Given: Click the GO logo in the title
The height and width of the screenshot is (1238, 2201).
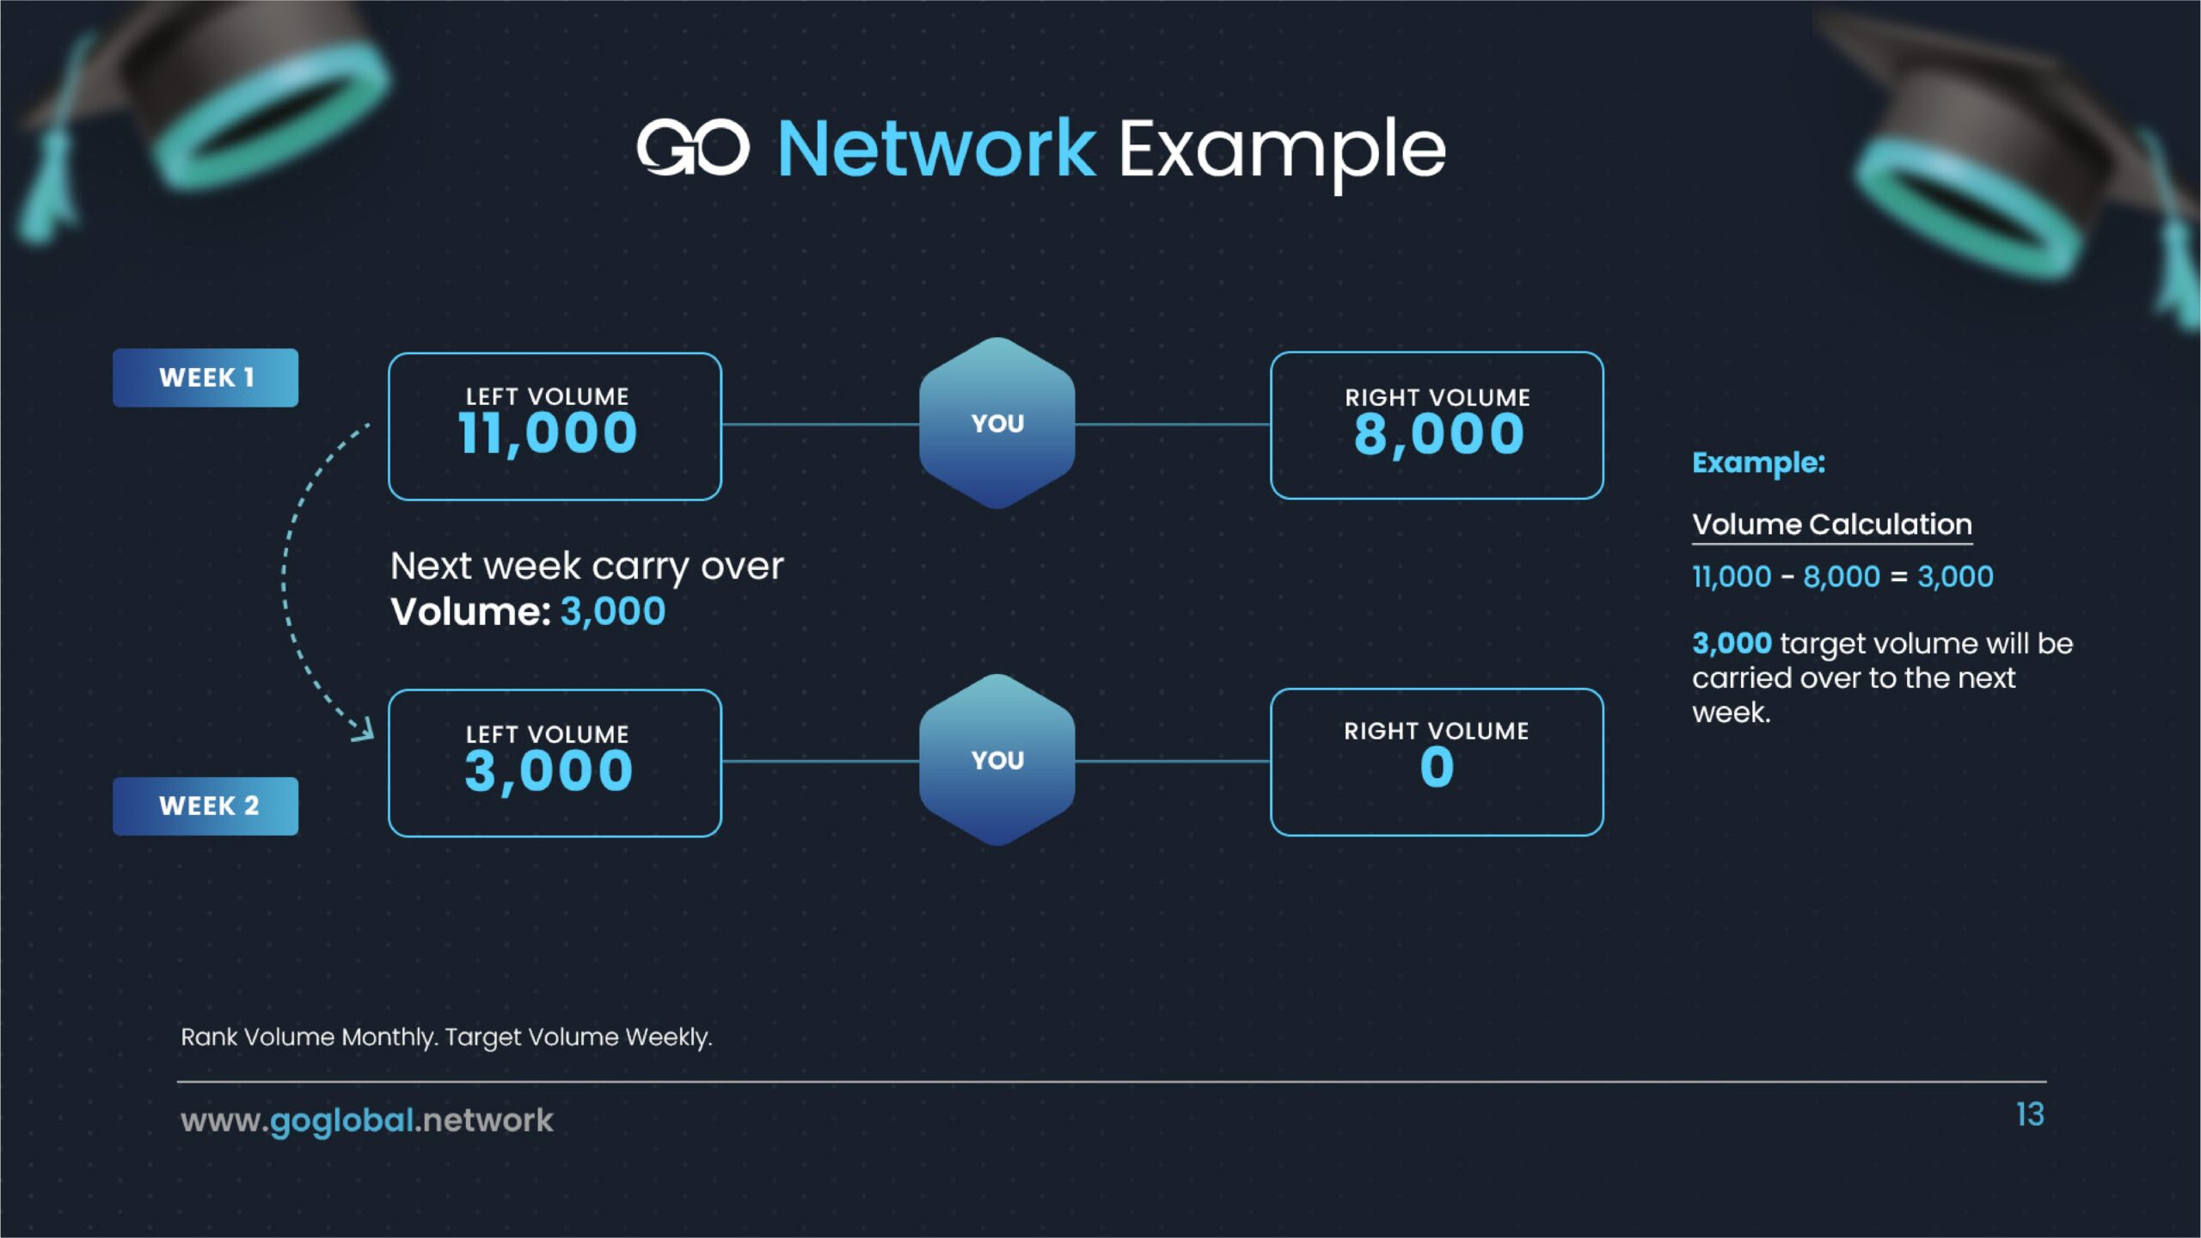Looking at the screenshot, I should coord(692,148).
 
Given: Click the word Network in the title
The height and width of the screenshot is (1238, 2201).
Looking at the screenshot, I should coord(936,150).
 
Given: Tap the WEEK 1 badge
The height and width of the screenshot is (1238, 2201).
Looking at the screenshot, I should coord(205,377).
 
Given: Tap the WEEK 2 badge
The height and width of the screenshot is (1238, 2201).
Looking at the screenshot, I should coord(205,806).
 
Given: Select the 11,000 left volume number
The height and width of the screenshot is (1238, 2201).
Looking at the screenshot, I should coord(548,432).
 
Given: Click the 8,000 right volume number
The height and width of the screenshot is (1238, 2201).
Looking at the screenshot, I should coord(1438,434).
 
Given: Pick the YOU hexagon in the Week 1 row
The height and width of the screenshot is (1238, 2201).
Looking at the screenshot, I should coord(997,423).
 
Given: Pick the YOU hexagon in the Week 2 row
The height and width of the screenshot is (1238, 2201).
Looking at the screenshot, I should coord(997,760).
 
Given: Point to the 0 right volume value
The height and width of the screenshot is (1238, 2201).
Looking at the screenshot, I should coord(1437,767).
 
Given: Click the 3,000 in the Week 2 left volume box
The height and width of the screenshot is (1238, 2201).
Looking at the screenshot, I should coord(549,770).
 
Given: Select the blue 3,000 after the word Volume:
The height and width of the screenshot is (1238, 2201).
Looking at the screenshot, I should coord(613,612).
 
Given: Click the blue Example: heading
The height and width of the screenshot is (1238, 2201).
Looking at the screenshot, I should coord(1758,463).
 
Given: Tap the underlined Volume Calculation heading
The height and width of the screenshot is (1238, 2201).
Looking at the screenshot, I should coord(1831,524).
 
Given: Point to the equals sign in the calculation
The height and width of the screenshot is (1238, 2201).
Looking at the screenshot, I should coord(1898,577).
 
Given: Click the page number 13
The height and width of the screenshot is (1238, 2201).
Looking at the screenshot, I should coord(2030,1115).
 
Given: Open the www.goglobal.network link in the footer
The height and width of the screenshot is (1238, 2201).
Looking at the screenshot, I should coord(367,1120).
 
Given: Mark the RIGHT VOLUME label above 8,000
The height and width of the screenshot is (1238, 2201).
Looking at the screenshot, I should coord(1438,397).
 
